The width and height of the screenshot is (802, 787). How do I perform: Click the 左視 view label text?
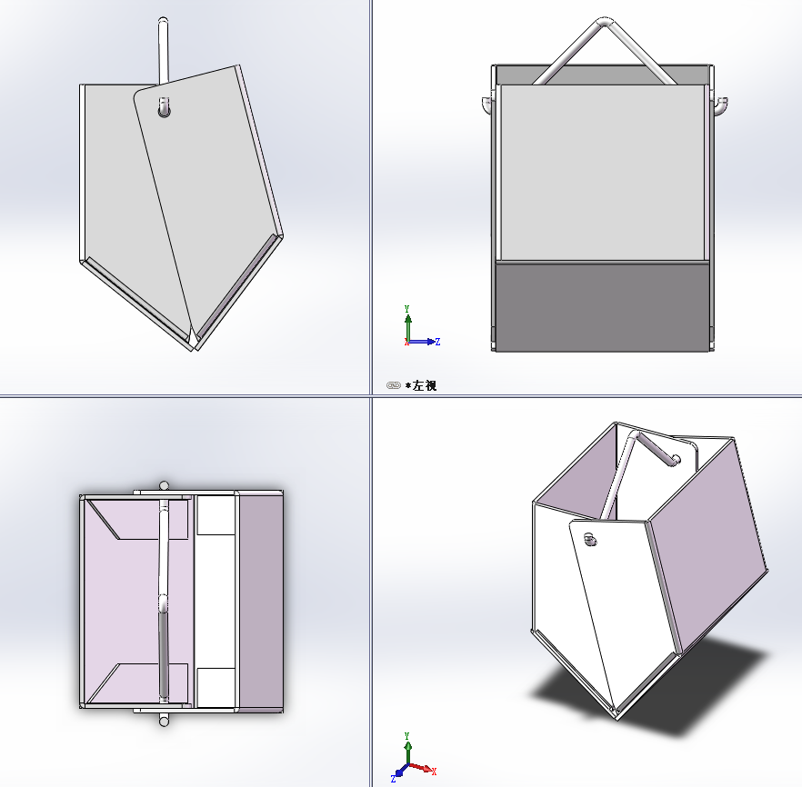pos(424,385)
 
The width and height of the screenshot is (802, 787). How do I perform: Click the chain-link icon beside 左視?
pos(394,385)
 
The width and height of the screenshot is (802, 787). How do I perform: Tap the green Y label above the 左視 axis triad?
pos(407,309)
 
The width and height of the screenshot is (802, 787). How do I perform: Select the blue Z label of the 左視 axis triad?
pos(438,342)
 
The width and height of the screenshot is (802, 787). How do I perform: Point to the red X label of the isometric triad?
pos(434,772)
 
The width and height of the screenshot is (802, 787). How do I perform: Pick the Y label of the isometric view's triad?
pos(406,736)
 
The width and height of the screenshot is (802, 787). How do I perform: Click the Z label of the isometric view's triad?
pos(394,779)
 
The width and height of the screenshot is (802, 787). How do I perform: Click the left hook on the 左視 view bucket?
pos(487,105)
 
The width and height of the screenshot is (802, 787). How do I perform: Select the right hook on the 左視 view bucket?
pos(720,106)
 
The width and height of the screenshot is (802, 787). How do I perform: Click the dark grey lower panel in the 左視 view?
pos(602,306)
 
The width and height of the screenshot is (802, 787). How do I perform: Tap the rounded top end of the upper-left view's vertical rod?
pos(163,21)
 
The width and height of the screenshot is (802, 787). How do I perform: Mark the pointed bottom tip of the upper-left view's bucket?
pos(195,349)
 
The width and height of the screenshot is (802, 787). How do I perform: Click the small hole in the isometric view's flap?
pos(590,539)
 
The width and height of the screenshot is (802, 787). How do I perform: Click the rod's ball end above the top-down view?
pos(164,485)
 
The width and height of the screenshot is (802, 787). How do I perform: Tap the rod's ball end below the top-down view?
pos(164,721)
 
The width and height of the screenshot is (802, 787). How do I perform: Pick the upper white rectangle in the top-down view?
pos(216,515)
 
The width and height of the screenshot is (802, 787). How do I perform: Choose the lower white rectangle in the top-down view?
pos(216,687)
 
